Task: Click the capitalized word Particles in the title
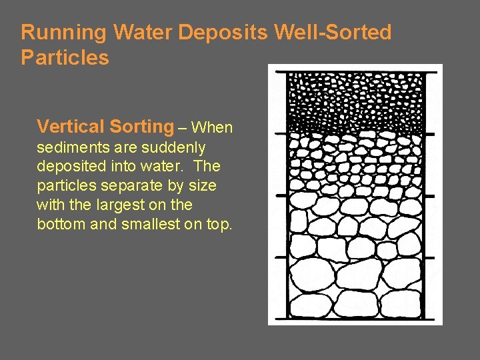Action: (x=65, y=57)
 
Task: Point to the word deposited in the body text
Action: (x=69, y=166)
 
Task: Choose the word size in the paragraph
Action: (x=203, y=185)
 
